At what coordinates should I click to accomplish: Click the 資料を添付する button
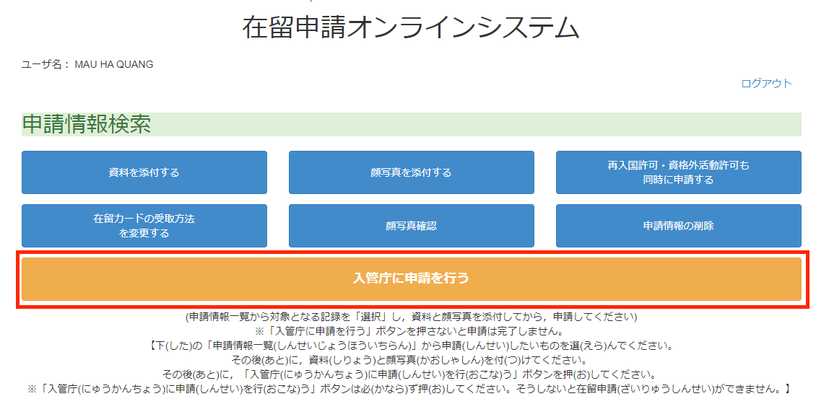pos(144,172)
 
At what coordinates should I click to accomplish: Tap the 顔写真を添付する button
pos(411,172)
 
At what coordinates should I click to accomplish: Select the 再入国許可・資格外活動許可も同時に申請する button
pos(679,172)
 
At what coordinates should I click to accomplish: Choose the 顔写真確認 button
pos(411,226)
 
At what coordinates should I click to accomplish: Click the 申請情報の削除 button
pos(679,226)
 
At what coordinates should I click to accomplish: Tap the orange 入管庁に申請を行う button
pos(411,278)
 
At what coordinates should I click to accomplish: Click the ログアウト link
pos(767,83)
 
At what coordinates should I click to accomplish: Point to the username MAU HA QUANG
pos(114,64)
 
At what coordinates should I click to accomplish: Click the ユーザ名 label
pos(43,64)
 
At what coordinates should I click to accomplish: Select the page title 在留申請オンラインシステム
pos(411,27)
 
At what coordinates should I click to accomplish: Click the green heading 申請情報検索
pos(87,124)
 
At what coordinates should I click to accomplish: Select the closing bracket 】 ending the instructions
pos(787,389)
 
